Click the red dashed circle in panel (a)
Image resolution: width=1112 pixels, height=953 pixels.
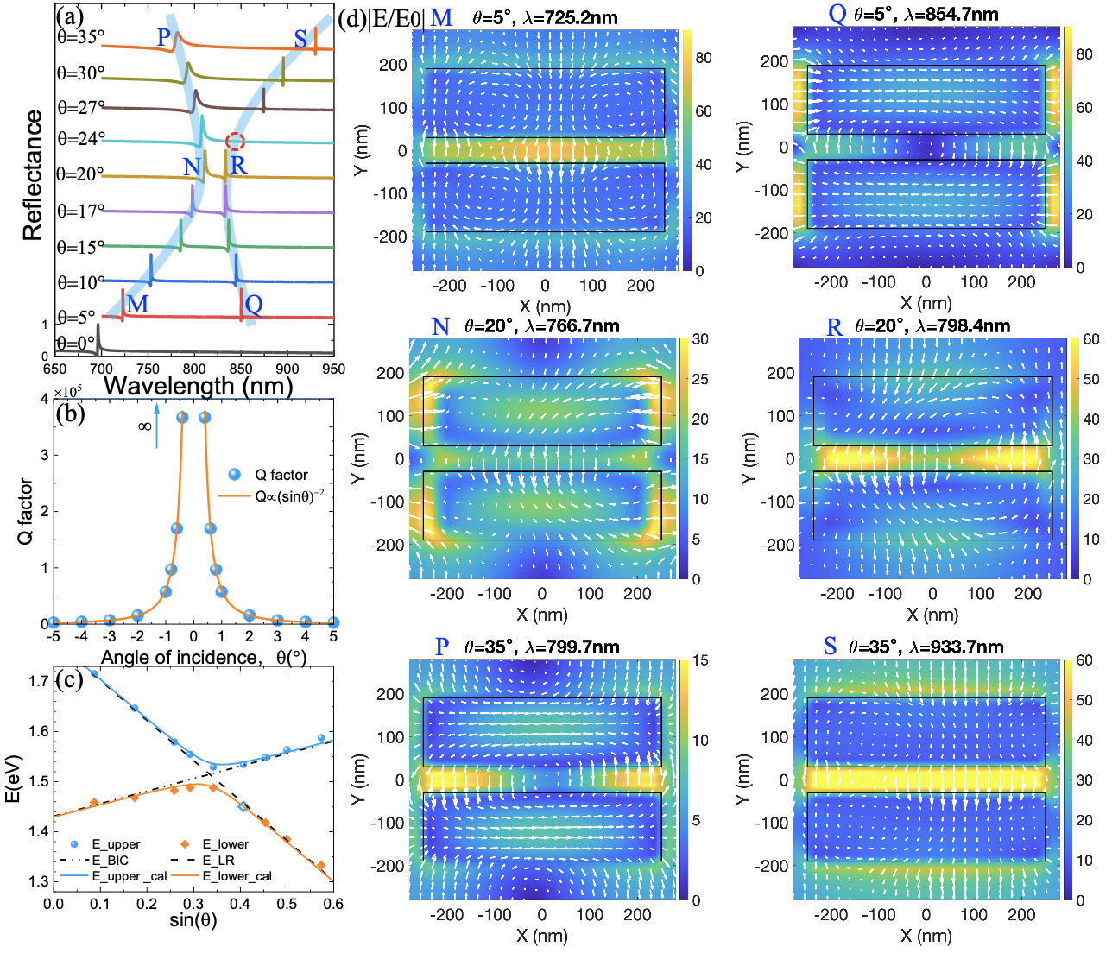coord(236,142)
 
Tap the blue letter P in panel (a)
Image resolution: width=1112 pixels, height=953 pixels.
coord(164,38)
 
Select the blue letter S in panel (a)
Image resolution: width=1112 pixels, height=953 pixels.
coord(300,39)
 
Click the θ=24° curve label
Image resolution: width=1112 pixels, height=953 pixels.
coord(81,138)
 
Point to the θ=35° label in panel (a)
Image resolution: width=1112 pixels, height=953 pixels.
coord(80,37)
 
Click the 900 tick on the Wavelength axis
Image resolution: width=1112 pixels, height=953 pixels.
coord(287,369)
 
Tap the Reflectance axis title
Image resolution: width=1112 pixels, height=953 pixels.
coord(33,175)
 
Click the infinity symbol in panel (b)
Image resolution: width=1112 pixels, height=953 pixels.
coord(144,426)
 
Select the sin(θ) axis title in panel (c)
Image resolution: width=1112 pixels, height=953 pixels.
coord(193,920)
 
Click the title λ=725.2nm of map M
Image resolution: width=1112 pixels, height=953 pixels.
coord(572,16)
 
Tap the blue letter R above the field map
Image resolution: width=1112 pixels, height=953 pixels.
coord(833,327)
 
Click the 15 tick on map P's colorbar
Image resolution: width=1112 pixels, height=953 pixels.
coord(700,660)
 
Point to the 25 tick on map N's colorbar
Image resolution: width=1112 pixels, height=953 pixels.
coord(700,379)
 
